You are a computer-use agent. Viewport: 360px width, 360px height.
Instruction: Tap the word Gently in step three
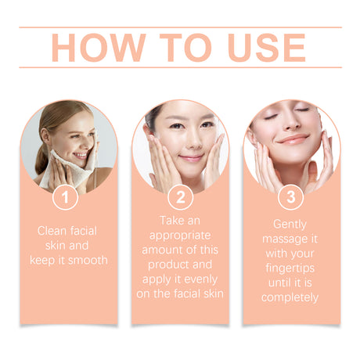pyautogui.click(x=290, y=223)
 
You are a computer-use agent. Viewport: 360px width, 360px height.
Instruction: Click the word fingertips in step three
pyautogui.click(x=290, y=268)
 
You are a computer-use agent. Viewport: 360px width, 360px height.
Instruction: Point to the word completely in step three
pyautogui.click(x=290, y=297)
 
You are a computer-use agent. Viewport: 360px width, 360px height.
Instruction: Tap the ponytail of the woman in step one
pyautogui.click(x=41, y=157)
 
